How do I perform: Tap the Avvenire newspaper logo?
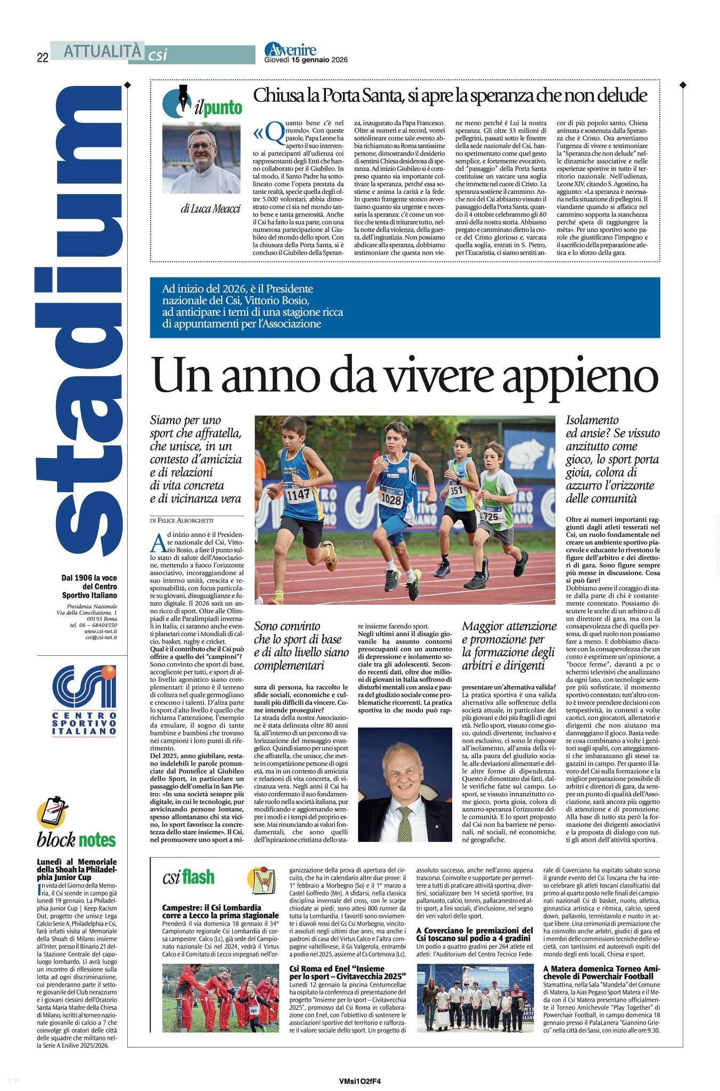[x=290, y=50]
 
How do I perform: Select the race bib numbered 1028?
[x=391, y=499]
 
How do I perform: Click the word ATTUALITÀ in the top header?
[x=103, y=51]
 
